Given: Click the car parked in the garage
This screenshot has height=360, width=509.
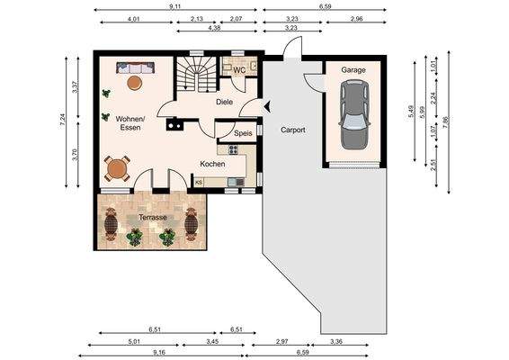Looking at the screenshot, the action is (354, 115).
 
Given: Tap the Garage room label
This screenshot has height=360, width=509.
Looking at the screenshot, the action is (353, 70).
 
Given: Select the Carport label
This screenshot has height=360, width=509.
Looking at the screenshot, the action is (293, 130).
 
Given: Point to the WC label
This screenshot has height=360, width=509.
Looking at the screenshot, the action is (239, 70).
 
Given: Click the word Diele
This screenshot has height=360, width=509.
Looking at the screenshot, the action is (224, 102).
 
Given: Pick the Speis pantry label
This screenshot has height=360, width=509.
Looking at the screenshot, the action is (243, 133).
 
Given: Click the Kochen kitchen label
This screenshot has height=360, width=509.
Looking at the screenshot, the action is (212, 164).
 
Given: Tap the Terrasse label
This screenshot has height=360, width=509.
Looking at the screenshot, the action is (153, 217).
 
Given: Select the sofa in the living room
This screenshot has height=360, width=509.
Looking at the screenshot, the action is (135, 67).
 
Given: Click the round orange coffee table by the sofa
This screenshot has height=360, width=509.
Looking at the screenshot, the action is (134, 83).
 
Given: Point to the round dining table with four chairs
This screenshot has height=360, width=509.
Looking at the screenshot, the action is (117, 168).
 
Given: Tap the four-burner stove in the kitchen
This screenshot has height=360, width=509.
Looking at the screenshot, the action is (234, 149).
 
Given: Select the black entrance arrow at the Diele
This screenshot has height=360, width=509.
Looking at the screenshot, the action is (268, 106).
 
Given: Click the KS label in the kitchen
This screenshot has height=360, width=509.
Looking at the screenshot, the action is (199, 183).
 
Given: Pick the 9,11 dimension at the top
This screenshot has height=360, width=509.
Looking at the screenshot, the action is (175, 6).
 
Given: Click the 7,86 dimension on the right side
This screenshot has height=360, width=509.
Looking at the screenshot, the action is (445, 122).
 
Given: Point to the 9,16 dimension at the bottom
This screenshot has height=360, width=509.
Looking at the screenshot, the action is (161, 352).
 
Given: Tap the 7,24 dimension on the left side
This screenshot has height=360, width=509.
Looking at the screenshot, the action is (63, 121).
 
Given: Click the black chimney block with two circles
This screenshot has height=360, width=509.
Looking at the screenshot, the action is (174, 124).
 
